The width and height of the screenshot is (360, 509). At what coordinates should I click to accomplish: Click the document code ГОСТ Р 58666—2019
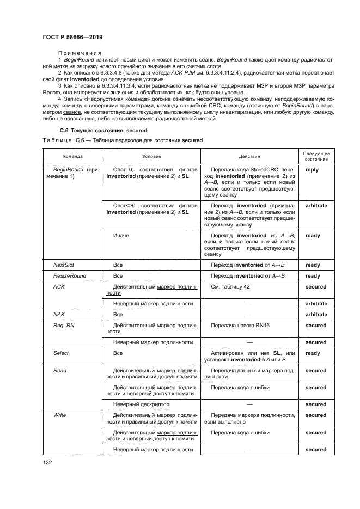[x=72, y=37]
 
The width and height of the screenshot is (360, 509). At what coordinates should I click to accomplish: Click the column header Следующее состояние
[x=316, y=155]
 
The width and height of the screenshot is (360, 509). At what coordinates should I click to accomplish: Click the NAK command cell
[x=59, y=314]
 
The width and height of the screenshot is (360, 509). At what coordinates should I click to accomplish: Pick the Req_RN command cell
[x=63, y=326]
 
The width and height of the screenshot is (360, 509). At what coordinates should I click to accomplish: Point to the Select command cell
[x=60, y=353]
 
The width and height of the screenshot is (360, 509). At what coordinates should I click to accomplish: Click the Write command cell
[x=59, y=415]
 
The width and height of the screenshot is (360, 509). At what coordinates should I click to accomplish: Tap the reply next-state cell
[x=313, y=170]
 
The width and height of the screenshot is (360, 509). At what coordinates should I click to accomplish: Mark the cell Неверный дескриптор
[x=141, y=404]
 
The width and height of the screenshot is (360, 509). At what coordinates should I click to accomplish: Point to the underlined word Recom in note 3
[x=50, y=93]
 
